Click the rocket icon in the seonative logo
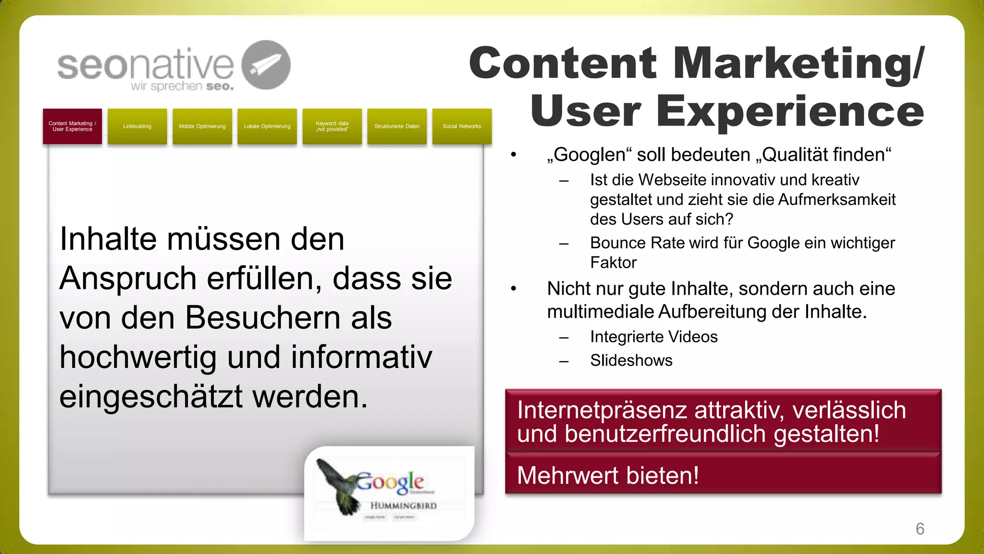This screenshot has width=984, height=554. pyautogui.click(x=266, y=65)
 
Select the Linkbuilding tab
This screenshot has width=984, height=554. pyautogui.click(x=137, y=126)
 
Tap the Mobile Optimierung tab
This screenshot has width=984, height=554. pyautogui.click(x=202, y=126)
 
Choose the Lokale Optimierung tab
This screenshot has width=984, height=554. pyautogui.click(x=267, y=126)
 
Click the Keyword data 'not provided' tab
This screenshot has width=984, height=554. pyautogui.click(x=332, y=126)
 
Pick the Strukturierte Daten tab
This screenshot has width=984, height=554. pyautogui.click(x=397, y=126)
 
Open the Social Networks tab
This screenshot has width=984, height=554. pyautogui.click(x=462, y=126)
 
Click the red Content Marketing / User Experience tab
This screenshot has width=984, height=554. pyautogui.click(x=72, y=126)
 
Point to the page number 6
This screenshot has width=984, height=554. pyautogui.click(x=920, y=529)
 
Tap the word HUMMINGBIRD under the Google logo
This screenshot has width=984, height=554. pyautogui.click(x=404, y=506)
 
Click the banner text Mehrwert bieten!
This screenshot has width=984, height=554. pyautogui.click(x=608, y=476)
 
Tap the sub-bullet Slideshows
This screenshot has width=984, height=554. pyautogui.click(x=631, y=360)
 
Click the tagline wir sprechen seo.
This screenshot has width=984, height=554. pyautogui.click(x=182, y=87)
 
